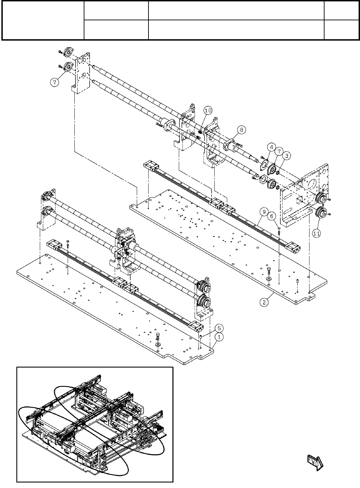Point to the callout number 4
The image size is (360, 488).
click(x=271, y=147)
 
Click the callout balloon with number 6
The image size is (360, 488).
click(x=272, y=216)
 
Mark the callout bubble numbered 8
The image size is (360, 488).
click(x=241, y=130)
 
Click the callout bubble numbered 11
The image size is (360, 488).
click(x=316, y=233)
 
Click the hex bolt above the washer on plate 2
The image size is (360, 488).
click(x=269, y=269)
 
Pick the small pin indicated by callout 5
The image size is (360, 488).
click(x=200, y=335)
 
